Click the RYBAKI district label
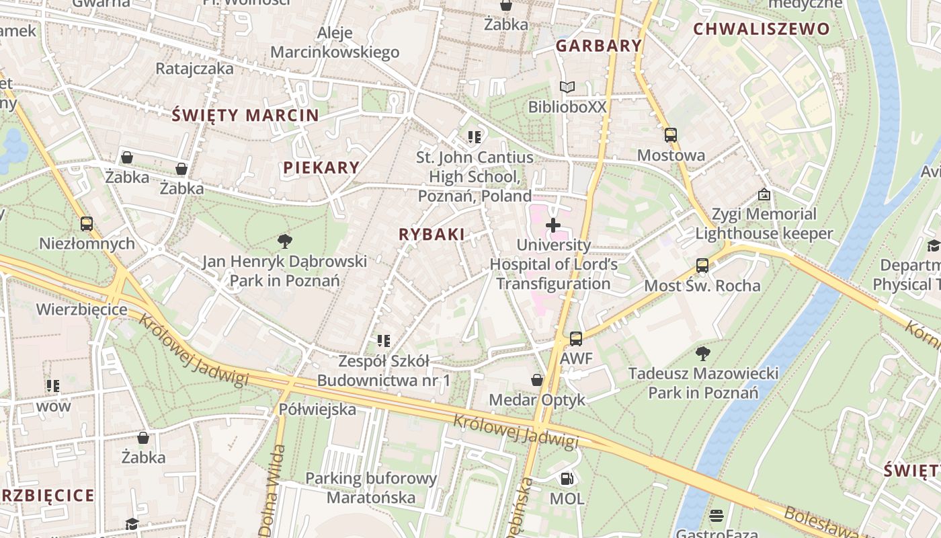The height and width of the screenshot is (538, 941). [432, 234]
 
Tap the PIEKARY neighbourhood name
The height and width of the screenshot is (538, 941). [321, 167]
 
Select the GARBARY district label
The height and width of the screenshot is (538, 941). [599, 46]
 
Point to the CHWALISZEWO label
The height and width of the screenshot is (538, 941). [762, 29]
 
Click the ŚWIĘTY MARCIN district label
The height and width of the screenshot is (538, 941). [245, 115]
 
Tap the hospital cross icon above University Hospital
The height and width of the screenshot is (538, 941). [553, 225]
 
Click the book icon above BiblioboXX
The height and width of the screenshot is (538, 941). [567, 87]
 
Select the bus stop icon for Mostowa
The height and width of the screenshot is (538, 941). [670, 135]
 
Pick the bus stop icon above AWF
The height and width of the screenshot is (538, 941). [576, 339]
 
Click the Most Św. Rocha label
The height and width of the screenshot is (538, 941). [702, 286]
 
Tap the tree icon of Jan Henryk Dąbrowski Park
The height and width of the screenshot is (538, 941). [285, 241]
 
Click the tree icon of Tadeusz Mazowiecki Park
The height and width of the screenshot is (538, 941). [703, 353]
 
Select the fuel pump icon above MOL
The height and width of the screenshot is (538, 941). [567, 479]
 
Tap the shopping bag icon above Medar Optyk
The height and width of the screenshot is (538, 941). [537, 380]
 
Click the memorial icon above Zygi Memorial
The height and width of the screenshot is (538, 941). [764, 194]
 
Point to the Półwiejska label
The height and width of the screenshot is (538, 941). [317, 409]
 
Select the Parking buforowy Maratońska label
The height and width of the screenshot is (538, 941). [371, 488]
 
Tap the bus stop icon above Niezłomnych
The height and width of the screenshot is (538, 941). [87, 224]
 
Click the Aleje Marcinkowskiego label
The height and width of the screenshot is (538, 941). [335, 42]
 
